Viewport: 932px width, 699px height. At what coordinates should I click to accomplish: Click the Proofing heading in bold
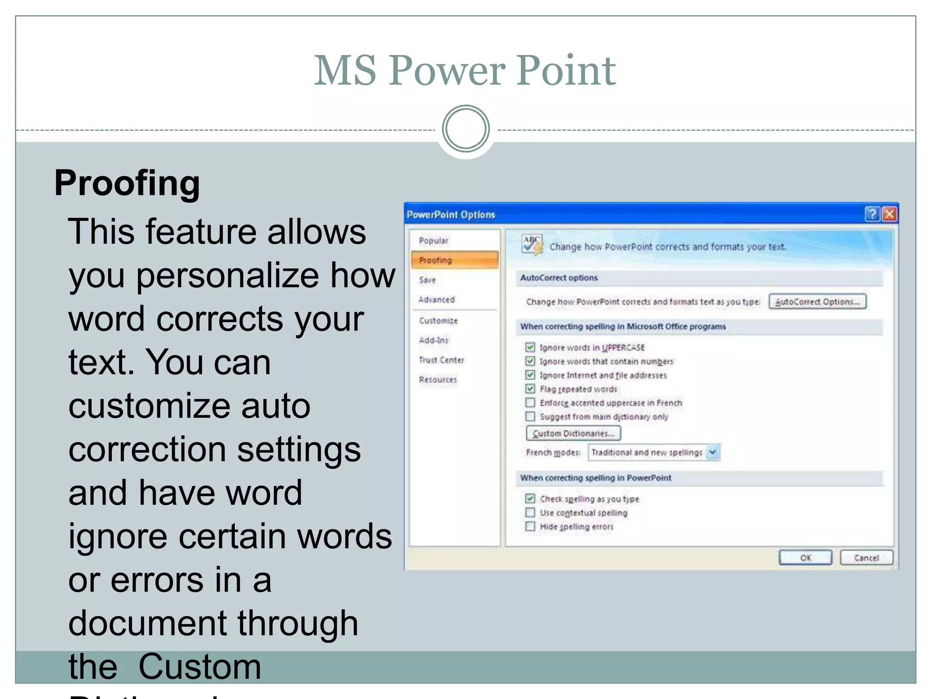127,183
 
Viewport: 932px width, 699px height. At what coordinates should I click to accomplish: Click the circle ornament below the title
466,129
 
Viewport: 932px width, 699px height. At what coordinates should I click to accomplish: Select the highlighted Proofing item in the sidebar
454,260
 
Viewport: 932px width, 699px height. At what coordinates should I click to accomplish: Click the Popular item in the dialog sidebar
433,240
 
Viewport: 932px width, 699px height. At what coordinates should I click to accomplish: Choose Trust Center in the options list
441,360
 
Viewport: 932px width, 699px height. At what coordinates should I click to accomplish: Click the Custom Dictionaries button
573,433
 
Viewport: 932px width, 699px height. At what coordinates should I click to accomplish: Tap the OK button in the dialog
805,557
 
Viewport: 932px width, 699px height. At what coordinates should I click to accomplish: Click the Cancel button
866,557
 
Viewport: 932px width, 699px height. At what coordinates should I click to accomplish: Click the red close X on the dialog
889,214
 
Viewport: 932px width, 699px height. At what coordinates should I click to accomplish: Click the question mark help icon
872,214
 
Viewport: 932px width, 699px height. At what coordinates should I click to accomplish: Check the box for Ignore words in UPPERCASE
530,347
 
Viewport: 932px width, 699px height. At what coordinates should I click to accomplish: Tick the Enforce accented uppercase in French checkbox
530,403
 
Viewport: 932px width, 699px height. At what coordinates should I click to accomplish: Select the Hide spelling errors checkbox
530,527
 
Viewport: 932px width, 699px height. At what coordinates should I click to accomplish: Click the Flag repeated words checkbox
530,389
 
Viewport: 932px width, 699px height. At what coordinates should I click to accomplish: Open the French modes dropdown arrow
713,452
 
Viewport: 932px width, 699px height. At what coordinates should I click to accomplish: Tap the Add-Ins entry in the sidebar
433,340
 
